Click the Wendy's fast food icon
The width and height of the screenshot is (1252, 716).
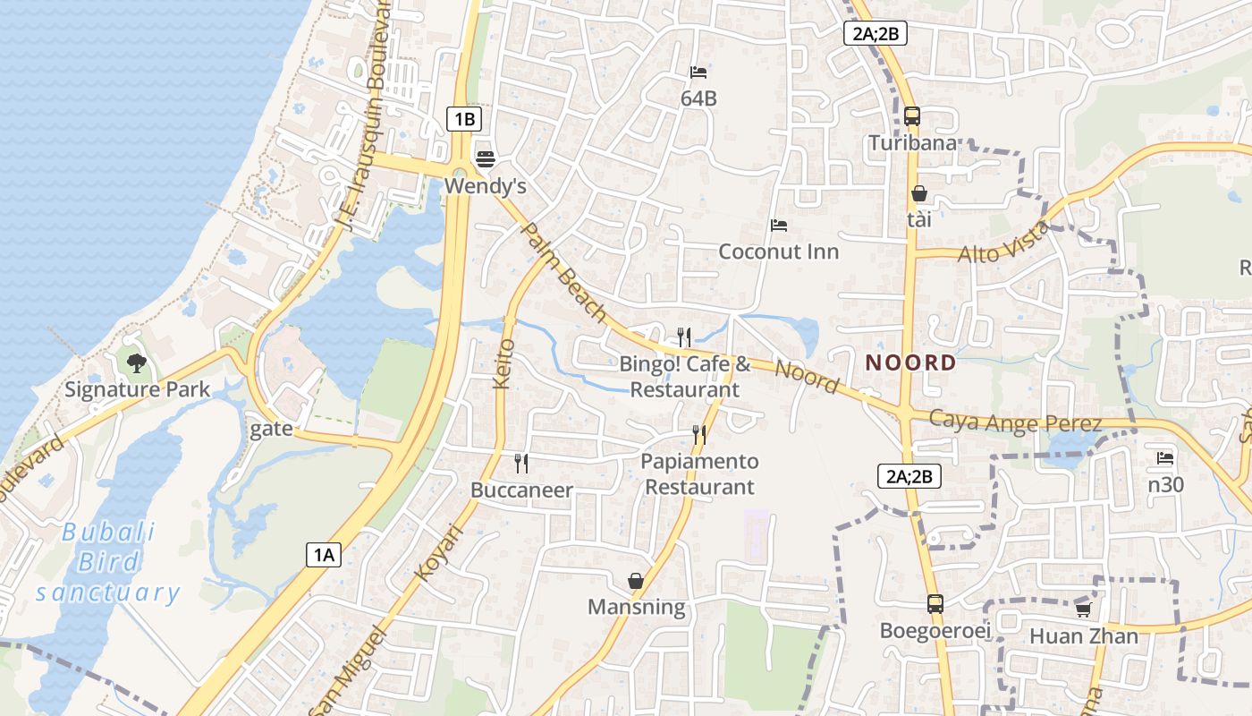[x=486, y=159]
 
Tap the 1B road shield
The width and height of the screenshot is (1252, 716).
[x=464, y=118]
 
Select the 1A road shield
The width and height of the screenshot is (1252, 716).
[x=323, y=555]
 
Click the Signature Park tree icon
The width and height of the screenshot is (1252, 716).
[x=137, y=362]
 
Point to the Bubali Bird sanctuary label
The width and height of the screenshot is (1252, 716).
[x=107, y=562]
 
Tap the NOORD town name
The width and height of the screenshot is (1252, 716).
[x=910, y=362]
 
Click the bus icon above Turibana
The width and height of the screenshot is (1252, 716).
[x=912, y=115]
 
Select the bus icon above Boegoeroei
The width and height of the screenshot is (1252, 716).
[x=935, y=604]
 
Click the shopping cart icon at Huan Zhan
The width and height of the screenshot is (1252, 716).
[x=1083, y=609]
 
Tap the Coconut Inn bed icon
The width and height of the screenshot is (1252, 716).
[x=779, y=225]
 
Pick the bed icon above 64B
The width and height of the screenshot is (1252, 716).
[x=698, y=72]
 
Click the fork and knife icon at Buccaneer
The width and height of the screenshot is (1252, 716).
[x=521, y=463]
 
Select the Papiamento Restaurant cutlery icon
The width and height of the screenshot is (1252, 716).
[x=699, y=435]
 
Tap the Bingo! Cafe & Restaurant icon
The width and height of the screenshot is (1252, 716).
[x=684, y=337]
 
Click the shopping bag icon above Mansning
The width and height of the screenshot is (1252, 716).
[x=636, y=581]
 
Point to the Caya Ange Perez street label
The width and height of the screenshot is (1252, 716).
[x=1014, y=422]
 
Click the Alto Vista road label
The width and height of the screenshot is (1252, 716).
[x=1003, y=243]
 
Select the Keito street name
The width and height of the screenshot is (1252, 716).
[x=503, y=363]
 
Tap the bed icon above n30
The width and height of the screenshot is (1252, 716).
[x=1164, y=458]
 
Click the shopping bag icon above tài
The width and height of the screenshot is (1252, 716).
[x=918, y=193]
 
